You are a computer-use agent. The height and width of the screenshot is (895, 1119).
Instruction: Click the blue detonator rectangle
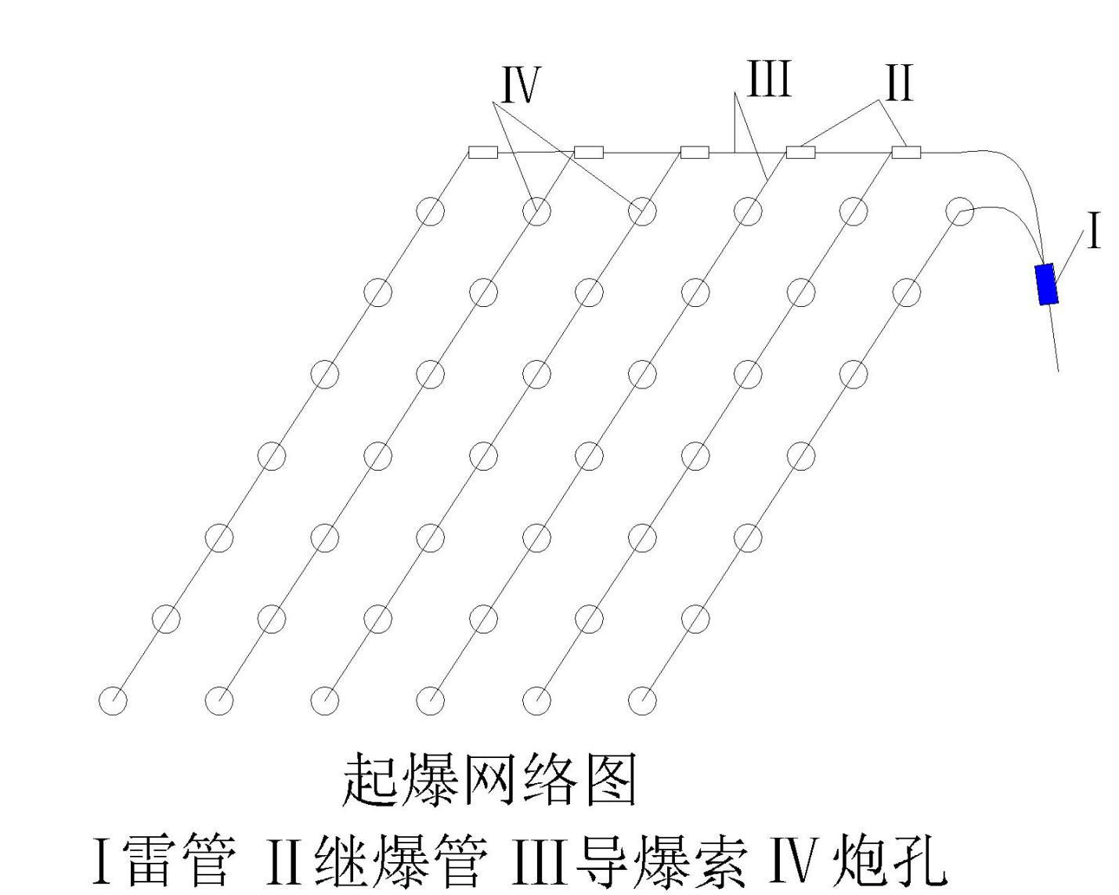click(x=1046, y=284)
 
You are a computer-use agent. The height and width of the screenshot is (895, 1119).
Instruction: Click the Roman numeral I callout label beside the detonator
click(x=1094, y=232)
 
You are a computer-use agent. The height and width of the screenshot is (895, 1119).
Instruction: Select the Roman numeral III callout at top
click(x=769, y=80)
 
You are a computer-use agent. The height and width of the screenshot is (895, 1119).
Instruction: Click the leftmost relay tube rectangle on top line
click(x=482, y=152)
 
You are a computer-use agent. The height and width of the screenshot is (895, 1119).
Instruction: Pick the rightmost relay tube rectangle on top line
click(x=906, y=152)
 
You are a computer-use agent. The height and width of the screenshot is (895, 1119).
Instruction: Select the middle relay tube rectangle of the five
click(x=695, y=152)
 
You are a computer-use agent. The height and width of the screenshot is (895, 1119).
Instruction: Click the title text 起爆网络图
click(x=490, y=779)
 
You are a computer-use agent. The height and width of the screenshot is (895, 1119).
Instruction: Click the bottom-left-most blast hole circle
click(x=113, y=700)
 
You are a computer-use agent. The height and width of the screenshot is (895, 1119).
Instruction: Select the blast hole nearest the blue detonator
click(x=959, y=211)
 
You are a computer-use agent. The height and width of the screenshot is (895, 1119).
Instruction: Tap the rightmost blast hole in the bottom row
click(x=642, y=700)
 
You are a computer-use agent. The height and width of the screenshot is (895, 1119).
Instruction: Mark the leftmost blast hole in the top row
click(x=430, y=211)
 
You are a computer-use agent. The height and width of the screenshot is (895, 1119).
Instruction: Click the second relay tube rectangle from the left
click(x=589, y=152)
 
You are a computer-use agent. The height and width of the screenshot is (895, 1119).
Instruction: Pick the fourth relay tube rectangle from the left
click(x=800, y=152)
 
